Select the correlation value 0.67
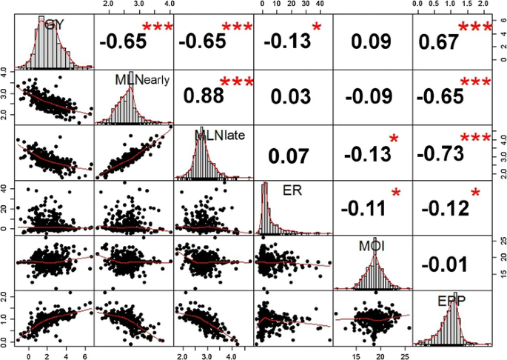[x=437, y=44]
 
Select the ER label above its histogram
[x=293, y=190]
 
